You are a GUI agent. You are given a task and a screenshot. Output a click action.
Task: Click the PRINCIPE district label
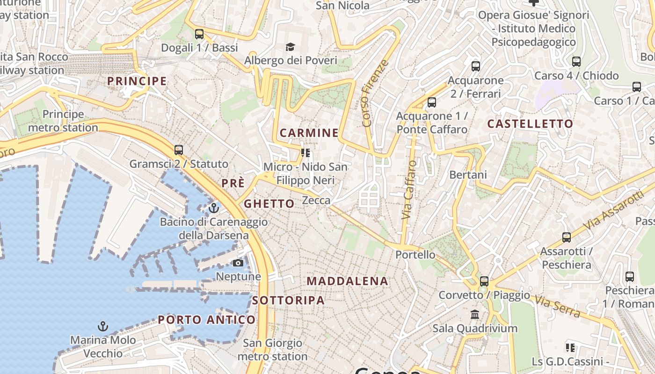(137, 81)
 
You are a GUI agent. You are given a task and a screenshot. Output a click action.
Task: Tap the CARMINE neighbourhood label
(309, 133)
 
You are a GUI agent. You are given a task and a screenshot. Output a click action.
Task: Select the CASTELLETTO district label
(530, 124)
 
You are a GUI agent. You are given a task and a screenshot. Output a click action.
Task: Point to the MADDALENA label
(347, 281)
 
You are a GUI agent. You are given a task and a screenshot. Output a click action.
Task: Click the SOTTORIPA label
(288, 301)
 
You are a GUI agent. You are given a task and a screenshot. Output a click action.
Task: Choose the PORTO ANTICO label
(206, 320)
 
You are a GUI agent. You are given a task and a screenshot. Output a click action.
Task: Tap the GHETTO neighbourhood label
(269, 203)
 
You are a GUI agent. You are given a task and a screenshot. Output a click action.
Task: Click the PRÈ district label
(233, 183)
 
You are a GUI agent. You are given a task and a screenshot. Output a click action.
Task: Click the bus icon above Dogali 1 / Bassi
(199, 34)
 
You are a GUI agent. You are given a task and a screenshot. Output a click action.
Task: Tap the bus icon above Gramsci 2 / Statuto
(179, 150)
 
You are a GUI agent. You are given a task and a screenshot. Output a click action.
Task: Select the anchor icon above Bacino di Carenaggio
(214, 208)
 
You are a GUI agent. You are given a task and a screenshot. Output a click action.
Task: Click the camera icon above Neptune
(238, 263)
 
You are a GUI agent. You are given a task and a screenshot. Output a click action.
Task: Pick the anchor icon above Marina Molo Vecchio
(102, 326)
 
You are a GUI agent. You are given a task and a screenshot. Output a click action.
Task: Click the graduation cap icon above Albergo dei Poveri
(291, 47)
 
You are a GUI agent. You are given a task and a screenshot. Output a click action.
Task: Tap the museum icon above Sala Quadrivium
(475, 314)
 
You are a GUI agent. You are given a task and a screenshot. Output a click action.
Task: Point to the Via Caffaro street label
(409, 190)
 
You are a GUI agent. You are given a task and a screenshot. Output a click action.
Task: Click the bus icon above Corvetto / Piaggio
(484, 281)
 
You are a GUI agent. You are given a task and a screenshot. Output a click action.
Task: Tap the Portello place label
(415, 255)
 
